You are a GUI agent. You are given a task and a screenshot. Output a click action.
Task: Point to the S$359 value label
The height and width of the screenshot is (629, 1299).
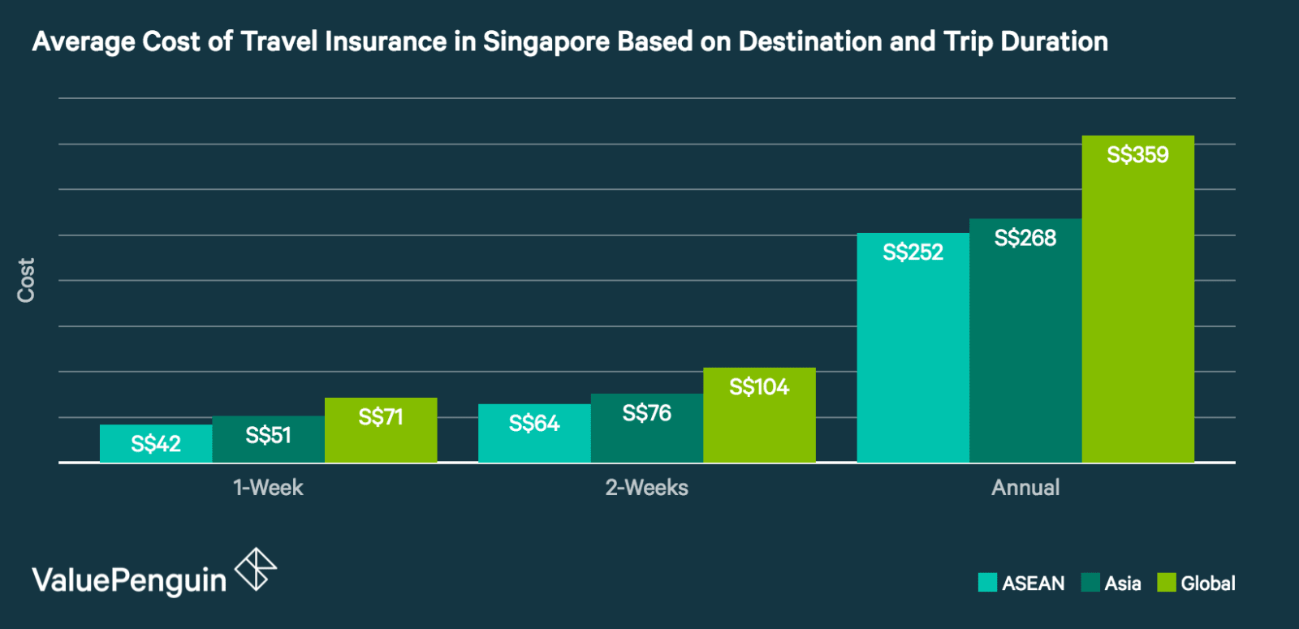(x=1137, y=154)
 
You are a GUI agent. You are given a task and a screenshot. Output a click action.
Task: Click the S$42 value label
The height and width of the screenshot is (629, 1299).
(x=156, y=444)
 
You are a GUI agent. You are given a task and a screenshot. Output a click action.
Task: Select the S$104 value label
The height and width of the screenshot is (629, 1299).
(x=759, y=386)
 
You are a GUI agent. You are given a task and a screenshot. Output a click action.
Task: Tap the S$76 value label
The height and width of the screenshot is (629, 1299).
(x=646, y=413)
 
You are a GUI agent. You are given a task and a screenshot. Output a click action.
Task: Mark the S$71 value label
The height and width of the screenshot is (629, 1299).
(x=381, y=417)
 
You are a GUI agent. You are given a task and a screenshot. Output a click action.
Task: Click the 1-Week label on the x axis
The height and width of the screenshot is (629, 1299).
(x=268, y=488)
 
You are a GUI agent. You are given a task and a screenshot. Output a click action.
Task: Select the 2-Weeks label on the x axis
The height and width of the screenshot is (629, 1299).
(x=646, y=488)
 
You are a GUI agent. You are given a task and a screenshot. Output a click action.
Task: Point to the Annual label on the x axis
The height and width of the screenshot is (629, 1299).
(x=1025, y=488)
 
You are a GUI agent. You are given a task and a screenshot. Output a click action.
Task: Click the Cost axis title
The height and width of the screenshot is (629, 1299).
(x=26, y=280)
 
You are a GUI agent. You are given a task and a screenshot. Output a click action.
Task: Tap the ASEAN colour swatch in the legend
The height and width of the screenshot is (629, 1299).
(x=987, y=583)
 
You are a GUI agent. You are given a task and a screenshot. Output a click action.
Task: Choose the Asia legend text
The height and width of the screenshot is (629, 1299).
(x=1123, y=584)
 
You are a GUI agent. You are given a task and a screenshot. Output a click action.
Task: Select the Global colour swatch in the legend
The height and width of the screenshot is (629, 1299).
(x=1167, y=583)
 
